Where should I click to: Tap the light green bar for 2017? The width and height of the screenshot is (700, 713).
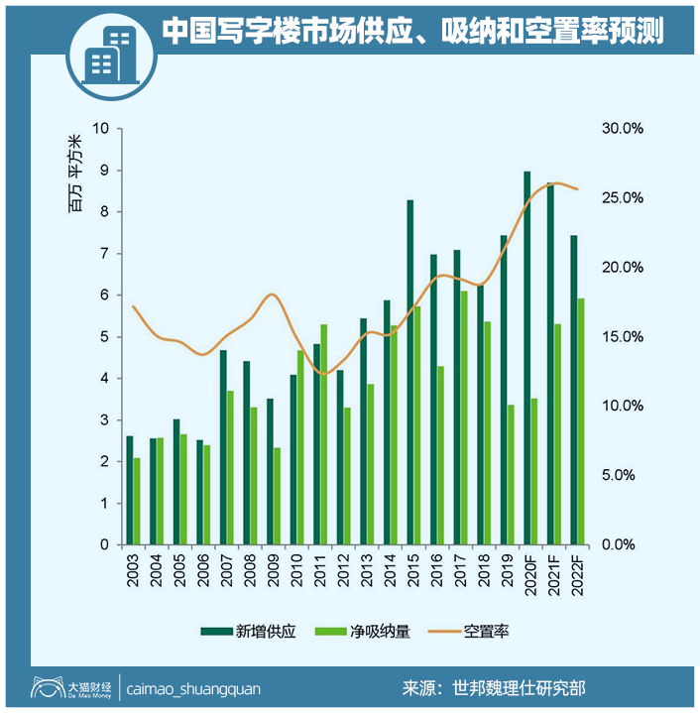[x=464, y=417]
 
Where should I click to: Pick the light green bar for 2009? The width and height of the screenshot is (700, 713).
[x=277, y=496]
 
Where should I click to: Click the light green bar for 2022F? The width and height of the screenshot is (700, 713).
[x=581, y=421]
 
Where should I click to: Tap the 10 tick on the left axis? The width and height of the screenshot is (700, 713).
[x=102, y=129]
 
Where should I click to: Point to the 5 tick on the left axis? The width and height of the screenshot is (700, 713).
[x=105, y=337]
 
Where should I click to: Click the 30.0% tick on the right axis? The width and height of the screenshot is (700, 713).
[x=623, y=129]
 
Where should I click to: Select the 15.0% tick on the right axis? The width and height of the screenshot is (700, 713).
[x=623, y=337]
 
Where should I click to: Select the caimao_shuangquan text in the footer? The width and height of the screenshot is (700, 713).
[x=189, y=687]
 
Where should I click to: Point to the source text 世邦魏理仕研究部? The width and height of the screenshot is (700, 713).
[x=525, y=687]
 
